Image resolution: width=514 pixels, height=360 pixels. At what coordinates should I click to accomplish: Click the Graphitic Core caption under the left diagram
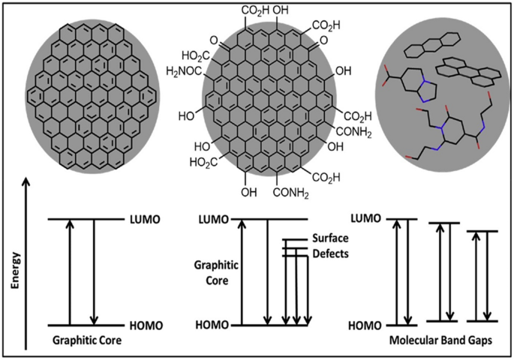87,341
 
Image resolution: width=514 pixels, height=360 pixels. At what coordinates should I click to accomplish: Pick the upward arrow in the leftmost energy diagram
70,272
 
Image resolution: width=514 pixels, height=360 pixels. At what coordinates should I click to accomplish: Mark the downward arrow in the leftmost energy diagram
94,272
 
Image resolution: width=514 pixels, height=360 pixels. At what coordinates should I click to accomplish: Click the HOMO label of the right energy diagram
365,325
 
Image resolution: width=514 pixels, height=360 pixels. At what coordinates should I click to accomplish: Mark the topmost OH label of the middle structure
283,10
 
